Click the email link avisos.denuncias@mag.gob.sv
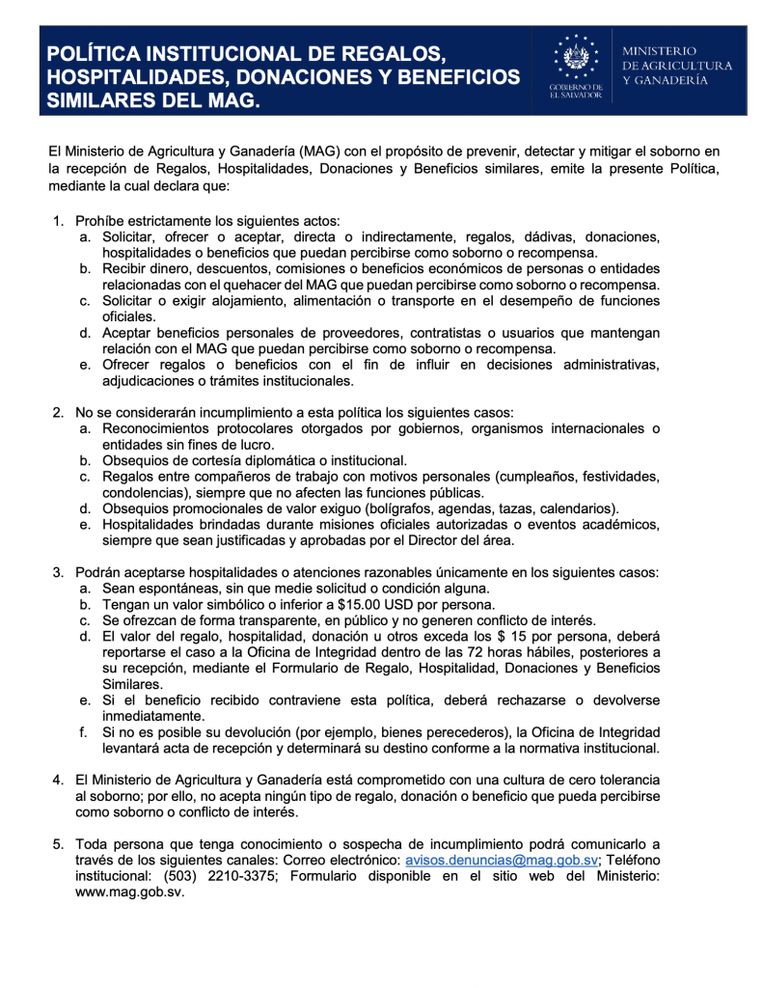(502, 861)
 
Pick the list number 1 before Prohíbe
(58, 221)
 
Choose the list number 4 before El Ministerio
(58, 778)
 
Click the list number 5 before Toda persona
(58, 845)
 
